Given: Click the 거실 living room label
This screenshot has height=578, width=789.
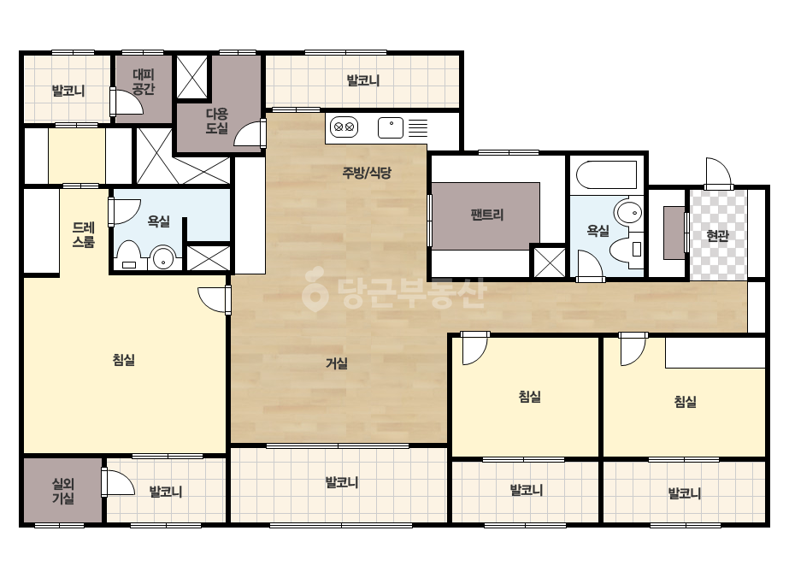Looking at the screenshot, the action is pyautogui.click(x=337, y=363).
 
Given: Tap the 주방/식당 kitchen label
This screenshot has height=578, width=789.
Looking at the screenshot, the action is pyautogui.click(x=367, y=174).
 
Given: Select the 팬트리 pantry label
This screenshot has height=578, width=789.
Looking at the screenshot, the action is pyautogui.click(x=486, y=215).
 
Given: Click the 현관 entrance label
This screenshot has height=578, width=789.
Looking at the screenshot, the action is pyautogui.click(x=717, y=236).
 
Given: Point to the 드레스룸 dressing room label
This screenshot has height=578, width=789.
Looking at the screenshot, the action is pyautogui.click(x=84, y=235).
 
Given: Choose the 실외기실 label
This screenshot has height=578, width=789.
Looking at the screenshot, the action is pyautogui.click(x=63, y=492).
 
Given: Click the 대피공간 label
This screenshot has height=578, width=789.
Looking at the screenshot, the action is pyautogui.click(x=144, y=82).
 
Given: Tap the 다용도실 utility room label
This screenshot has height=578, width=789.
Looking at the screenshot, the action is pyautogui.click(x=217, y=121).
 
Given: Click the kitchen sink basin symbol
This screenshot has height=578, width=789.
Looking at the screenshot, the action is pyautogui.click(x=391, y=127).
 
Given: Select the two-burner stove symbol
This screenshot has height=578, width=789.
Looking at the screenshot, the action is pyautogui.click(x=344, y=127).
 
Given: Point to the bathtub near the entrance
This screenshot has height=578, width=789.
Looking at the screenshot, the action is pyautogui.click(x=606, y=174).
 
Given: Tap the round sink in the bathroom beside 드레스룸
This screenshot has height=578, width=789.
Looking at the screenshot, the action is pyautogui.click(x=163, y=259).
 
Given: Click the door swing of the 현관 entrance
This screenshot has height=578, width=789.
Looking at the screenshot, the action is pyautogui.click(x=718, y=174).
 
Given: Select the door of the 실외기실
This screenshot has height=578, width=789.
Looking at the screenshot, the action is pyautogui.click(x=118, y=483).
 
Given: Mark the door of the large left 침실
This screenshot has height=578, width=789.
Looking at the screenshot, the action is pyautogui.click(x=215, y=300).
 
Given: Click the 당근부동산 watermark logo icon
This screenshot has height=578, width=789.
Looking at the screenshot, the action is pyautogui.click(x=315, y=289).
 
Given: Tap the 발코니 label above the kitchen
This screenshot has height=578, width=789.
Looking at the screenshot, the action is pyautogui.click(x=362, y=80).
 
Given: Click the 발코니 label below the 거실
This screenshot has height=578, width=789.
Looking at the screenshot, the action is pyautogui.click(x=342, y=482).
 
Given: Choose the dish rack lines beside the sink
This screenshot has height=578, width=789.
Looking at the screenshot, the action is pyautogui.click(x=418, y=128).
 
